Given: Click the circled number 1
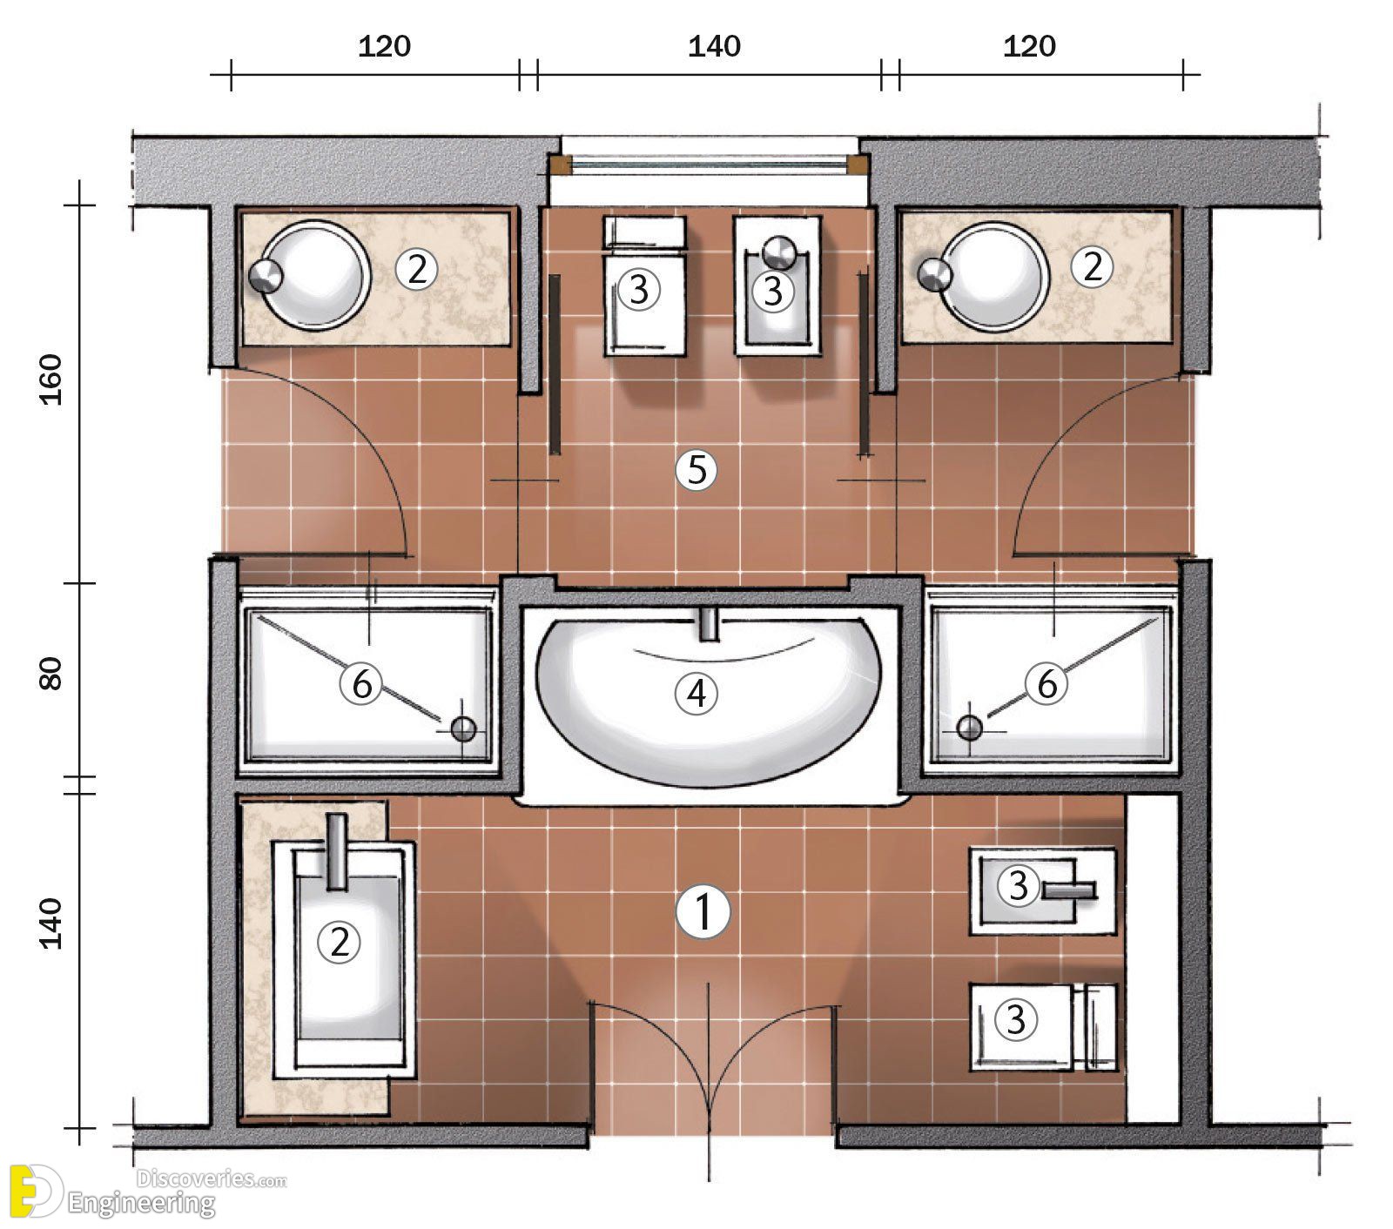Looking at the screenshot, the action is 703,912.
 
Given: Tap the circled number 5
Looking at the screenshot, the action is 696,471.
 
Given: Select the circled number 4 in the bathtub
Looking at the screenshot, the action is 696,694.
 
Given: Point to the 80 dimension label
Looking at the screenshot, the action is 53,672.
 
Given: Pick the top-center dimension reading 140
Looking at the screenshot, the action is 714,46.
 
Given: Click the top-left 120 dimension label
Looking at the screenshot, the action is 384,46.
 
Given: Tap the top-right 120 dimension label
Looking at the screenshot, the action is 1029,46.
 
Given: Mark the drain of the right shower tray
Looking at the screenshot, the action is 969,727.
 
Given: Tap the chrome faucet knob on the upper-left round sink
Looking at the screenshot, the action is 266,275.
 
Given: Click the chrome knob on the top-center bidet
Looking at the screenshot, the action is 778,252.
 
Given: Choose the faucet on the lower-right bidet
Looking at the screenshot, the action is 1067,890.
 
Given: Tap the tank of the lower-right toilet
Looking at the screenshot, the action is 1094,1027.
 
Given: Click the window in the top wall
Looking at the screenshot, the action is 709,165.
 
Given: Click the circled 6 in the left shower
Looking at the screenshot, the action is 360,685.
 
